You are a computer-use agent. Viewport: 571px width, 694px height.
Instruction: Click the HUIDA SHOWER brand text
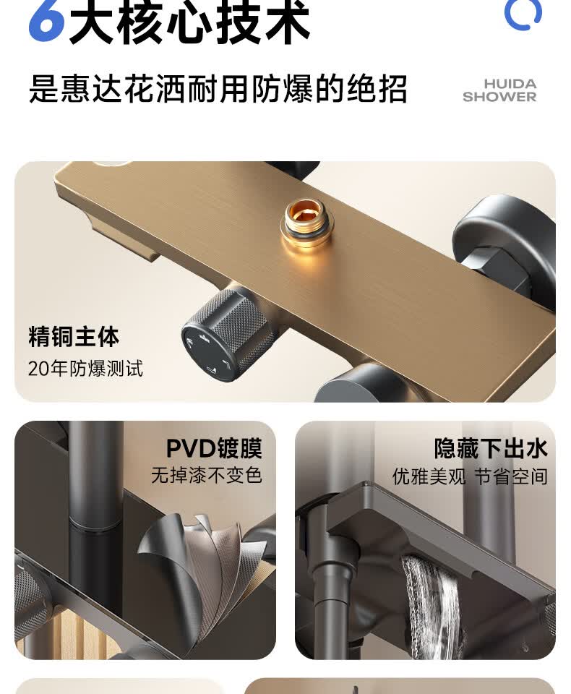pos(499,90)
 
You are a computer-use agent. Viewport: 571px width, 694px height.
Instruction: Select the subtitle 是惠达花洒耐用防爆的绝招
pos(218,88)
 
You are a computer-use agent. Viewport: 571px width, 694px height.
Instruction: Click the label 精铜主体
pos(74,337)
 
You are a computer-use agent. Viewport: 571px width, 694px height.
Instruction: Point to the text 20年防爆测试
pos(85,368)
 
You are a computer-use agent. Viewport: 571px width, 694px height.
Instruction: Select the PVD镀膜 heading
pos(214,449)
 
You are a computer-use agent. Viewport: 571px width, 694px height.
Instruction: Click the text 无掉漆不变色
pos(207,476)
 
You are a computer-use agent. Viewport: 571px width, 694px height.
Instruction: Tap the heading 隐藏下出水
pos(491,449)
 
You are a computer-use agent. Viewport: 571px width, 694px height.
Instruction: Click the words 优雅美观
pos(429,476)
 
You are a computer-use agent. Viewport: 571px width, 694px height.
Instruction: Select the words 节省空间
pos(511,476)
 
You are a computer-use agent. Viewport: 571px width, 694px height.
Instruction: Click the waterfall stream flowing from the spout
pos(429,607)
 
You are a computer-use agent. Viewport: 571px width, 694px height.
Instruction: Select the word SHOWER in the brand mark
pos(499,96)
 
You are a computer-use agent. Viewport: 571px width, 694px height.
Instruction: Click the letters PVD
pos(190,449)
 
